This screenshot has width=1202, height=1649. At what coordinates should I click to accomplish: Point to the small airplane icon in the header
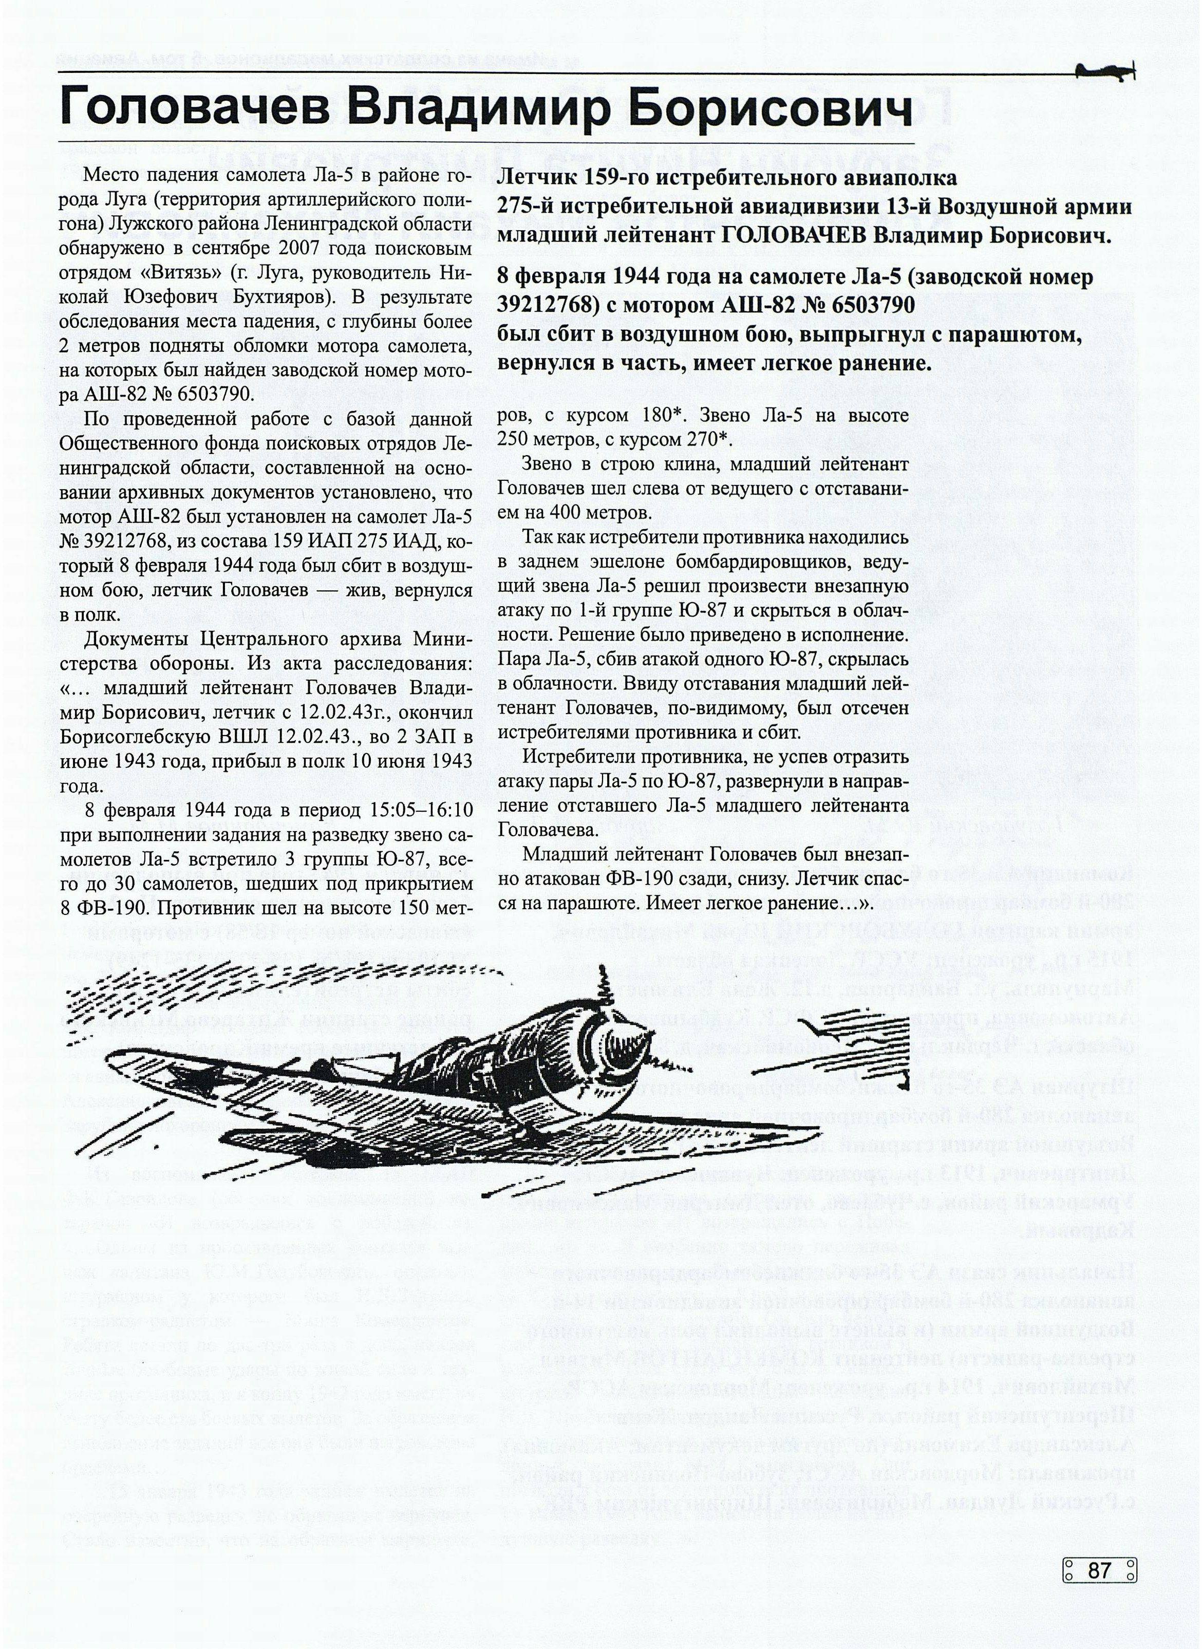pos(1102,70)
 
